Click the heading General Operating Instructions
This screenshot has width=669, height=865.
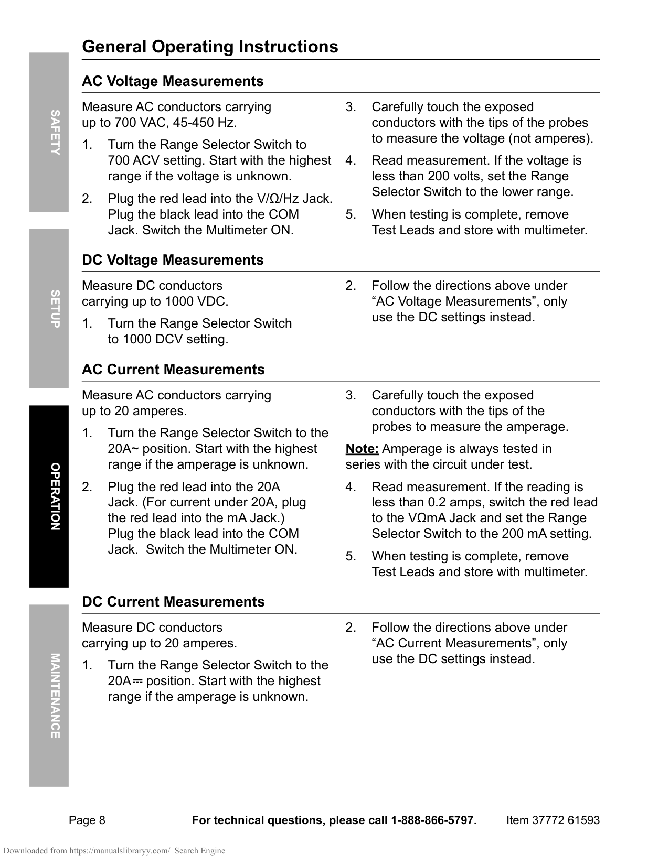210,47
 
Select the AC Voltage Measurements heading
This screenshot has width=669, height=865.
173,81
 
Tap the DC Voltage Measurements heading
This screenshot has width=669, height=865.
173,260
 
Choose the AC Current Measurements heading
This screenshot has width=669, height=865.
173,370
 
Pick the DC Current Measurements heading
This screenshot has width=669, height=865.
173,602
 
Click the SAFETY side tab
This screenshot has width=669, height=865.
49,132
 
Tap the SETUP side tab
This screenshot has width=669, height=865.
49,309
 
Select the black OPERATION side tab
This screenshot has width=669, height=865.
49,496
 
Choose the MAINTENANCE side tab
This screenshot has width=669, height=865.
49,696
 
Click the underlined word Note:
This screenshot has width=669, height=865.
362,449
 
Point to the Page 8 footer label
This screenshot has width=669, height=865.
87,820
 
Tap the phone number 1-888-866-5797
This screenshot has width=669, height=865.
433,820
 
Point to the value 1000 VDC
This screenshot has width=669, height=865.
196,301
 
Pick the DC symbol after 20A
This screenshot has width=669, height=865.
137,681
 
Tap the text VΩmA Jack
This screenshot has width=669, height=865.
436,518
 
